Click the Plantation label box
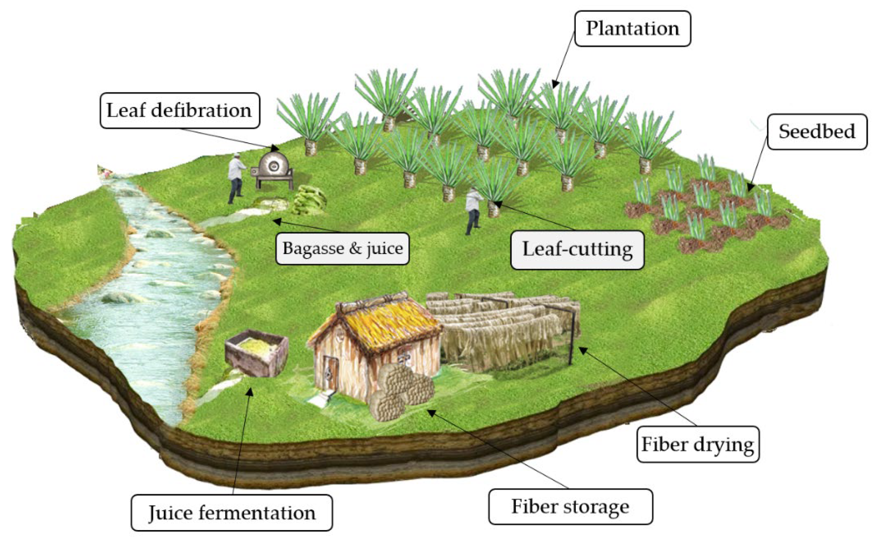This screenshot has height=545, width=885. (632, 29)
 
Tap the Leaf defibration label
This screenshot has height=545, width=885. (180, 111)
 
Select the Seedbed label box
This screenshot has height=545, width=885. (817, 132)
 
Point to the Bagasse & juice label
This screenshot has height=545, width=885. (342, 249)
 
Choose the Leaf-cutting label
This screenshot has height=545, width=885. (577, 250)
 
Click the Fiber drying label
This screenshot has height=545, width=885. (697, 444)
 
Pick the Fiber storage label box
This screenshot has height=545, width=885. (570, 507)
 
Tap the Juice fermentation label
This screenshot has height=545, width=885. (232, 513)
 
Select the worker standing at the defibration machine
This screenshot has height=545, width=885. (236, 178)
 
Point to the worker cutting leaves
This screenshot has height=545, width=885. (473, 211)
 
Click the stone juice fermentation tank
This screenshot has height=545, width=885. (257, 351)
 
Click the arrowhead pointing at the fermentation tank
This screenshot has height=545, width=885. (249, 391)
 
